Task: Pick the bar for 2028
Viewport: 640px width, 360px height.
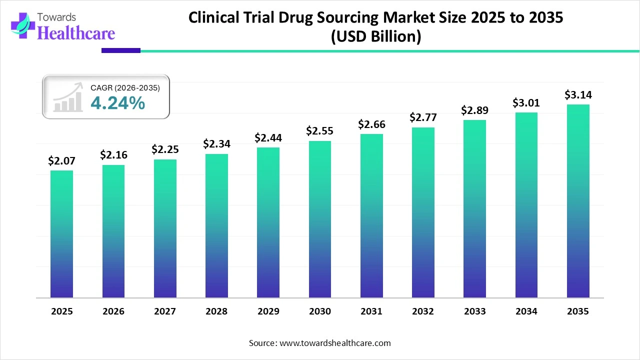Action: (216, 225)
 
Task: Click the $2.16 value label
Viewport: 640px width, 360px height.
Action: (113, 155)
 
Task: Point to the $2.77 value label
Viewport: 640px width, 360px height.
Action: (423, 117)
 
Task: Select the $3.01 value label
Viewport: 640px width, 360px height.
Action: (526, 102)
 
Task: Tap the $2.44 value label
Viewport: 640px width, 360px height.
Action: (268, 137)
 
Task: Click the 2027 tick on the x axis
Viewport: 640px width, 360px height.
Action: (165, 311)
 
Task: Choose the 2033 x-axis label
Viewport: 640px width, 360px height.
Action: (474, 311)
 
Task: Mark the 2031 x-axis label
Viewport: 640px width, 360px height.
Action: (371, 311)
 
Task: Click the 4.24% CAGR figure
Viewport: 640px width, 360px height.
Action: (118, 103)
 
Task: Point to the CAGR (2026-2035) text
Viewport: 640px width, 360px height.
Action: (125, 88)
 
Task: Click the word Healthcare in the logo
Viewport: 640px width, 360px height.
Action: (76, 33)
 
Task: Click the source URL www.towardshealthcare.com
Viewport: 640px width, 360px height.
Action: (334, 343)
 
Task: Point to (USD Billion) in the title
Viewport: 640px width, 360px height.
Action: (376, 36)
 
